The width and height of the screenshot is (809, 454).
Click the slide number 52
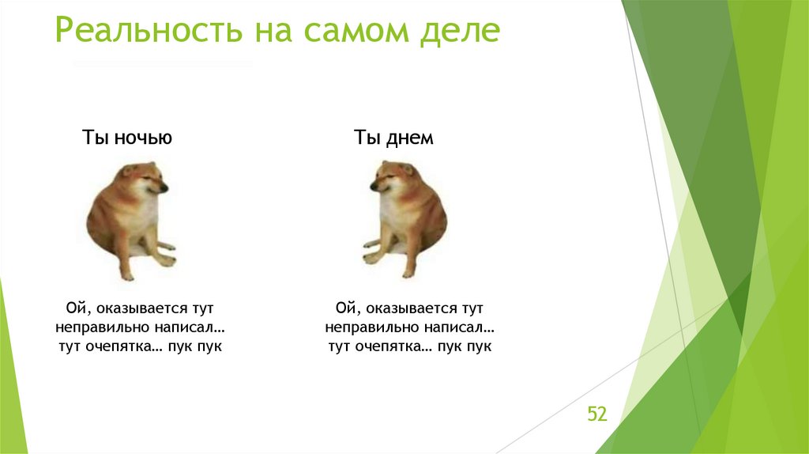596,414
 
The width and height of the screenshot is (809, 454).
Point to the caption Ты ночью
127,138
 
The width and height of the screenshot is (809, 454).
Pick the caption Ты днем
393,138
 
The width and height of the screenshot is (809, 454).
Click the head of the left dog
142,180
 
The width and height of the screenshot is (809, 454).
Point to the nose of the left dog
164,188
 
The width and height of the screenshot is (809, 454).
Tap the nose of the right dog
372,188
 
